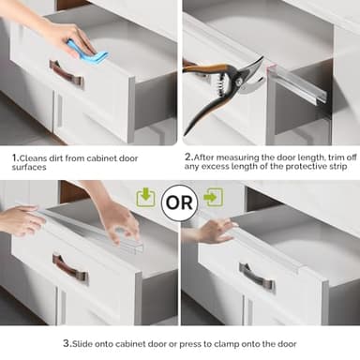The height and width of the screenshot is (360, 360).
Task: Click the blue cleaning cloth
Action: pos(89,52)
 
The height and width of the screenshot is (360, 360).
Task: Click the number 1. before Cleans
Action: pos(16,158)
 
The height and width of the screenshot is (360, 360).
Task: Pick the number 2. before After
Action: pos(188,157)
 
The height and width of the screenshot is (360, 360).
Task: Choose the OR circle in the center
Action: pos(179,201)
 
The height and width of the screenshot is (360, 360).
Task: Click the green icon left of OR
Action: pos(145,197)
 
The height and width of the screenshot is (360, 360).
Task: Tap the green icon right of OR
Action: pos(213,197)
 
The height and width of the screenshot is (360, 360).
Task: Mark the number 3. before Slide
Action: pos(67,344)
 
